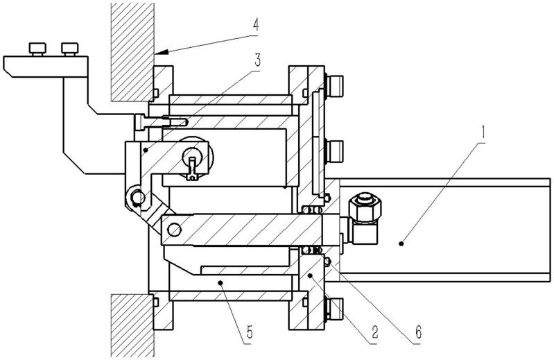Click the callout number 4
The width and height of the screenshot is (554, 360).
tap(255, 26)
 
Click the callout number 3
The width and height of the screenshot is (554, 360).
tap(257, 60)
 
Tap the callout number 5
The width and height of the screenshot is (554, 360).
tap(250, 332)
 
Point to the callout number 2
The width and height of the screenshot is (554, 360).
tap(374, 332)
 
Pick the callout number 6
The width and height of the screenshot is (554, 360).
tap(418, 332)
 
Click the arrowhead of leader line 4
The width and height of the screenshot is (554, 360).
tap(160, 52)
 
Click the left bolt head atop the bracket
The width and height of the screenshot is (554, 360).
tap(37, 49)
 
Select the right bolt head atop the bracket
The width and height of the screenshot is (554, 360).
tap(69, 49)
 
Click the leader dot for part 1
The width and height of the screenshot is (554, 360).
tap(401, 243)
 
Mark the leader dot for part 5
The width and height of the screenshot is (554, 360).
tap(220, 282)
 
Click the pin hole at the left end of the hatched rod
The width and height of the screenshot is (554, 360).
tap(174, 230)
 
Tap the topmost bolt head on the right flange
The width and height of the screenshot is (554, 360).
tap(334, 86)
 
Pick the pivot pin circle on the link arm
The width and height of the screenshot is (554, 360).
tap(137, 197)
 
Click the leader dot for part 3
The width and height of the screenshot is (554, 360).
tap(145, 150)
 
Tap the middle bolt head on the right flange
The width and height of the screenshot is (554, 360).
tap(334, 151)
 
